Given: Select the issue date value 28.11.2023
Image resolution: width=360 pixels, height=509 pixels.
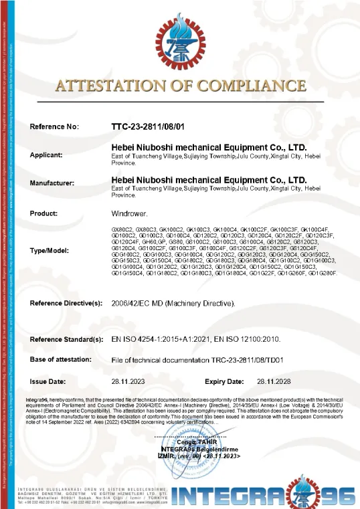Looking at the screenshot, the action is [127, 381].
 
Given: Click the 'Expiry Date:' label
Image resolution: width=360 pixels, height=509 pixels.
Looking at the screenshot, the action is [224, 381].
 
